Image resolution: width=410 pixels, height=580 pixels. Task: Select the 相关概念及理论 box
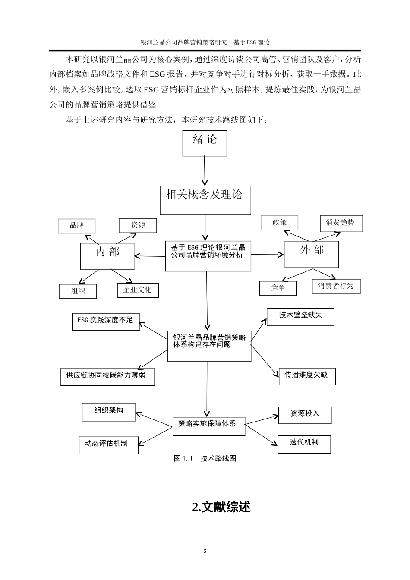(x=205, y=200)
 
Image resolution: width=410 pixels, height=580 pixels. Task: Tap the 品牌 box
(x=76, y=226)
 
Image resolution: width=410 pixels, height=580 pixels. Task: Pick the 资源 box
(x=138, y=225)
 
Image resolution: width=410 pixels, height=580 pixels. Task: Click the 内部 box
(x=107, y=255)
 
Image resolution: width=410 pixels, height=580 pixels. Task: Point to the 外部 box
(x=312, y=254)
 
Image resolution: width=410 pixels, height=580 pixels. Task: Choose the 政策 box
(x=279, y=223)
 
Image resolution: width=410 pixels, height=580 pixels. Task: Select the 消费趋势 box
(x=341, y=223)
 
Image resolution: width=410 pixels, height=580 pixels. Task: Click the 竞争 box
(x=278, y=288)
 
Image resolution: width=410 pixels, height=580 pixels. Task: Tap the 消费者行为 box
(x=336, y=286)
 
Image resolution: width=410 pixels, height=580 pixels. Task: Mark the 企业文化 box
(x=138, y=290)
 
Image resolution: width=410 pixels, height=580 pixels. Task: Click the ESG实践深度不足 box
(x=106, y=321)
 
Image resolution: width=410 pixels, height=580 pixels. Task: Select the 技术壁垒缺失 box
(x=300, y=316)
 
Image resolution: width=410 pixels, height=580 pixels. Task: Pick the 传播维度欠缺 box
(x=306, y=376)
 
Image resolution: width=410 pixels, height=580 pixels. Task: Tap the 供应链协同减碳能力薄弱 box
(x=107, y=376)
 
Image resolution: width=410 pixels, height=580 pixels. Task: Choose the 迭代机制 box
(x=304, y=444)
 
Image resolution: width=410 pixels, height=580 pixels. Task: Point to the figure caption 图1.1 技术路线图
(x=205, y=458)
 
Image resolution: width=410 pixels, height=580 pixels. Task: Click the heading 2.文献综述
(x=221, y=507)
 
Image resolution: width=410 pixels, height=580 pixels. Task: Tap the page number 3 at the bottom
(x=205, y=552)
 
